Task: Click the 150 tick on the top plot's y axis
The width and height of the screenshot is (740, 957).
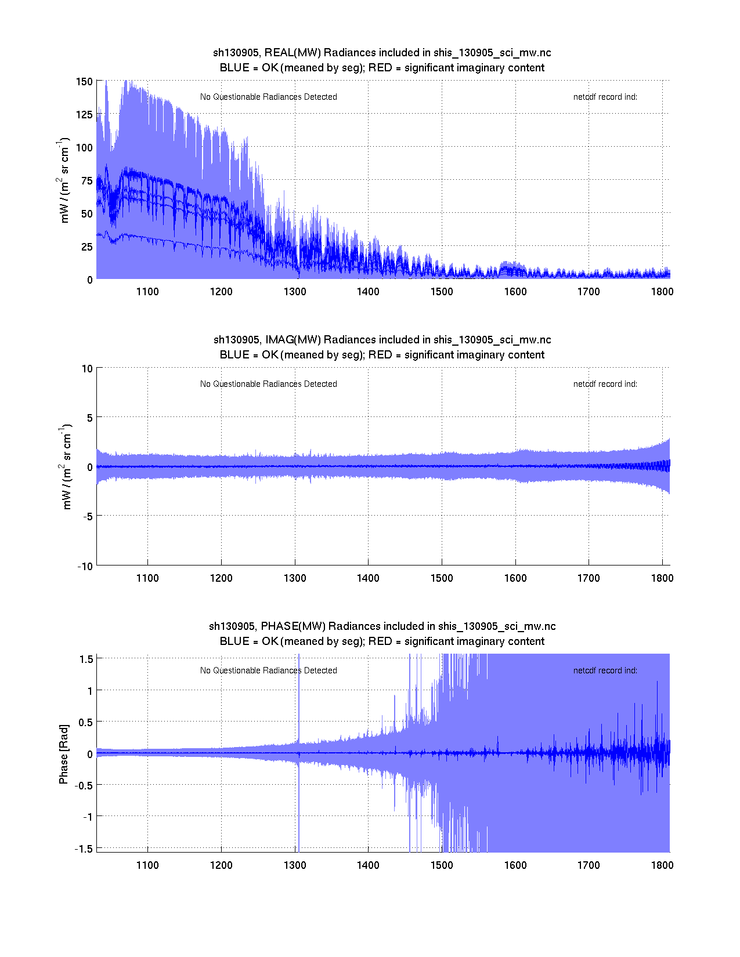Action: [x=84, y=82]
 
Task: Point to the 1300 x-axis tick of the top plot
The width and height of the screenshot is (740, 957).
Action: [x=295, y=292]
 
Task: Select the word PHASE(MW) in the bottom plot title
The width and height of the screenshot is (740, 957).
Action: [x=293, y=626]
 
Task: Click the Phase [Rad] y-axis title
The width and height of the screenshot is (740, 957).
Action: [x=64, y=753]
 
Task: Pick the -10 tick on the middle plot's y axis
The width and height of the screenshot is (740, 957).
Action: [x=85, y=567]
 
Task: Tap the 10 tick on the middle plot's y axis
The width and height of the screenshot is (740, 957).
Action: [x=87, y=369]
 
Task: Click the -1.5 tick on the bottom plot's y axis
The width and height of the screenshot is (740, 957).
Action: [x=84, y=849]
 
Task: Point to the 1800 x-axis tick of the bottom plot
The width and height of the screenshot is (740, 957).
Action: [x=662, y=865]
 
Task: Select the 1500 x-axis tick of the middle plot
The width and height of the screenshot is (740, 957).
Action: [x=442, y=578]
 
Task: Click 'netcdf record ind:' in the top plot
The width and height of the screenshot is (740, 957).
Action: [x=605, y=97]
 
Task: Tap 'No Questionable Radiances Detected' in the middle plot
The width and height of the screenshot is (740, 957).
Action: [x=268, y=384]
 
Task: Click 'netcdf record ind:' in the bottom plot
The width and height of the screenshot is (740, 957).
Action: [x=605, y=670]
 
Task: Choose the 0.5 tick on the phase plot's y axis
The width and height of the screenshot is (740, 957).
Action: [x=85, y=722]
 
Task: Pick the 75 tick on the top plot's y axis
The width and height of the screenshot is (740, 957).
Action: [x=86, y=181]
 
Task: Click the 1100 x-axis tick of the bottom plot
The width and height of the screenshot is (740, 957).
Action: [x=147, y=865]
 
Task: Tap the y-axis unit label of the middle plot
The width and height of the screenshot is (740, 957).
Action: [x=65, y=467]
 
